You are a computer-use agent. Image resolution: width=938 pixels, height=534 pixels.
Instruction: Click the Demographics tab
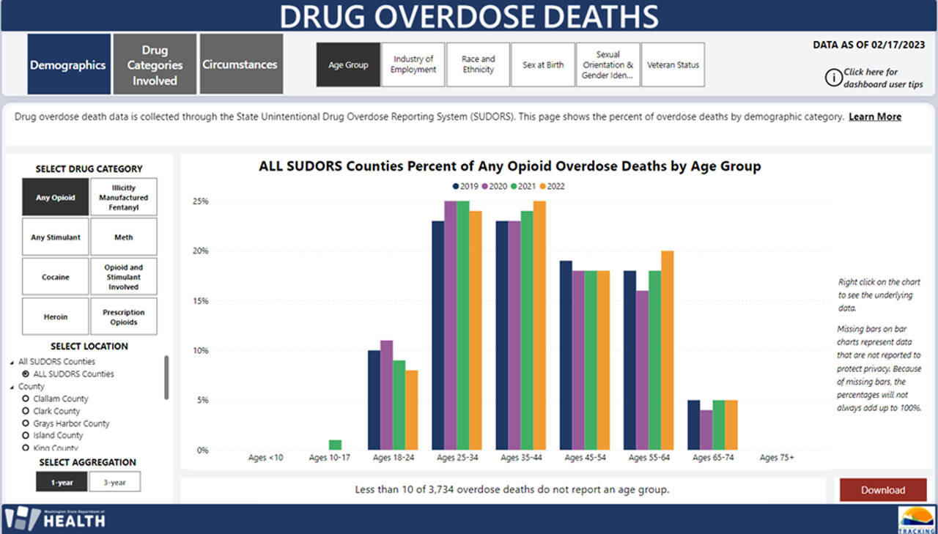68,64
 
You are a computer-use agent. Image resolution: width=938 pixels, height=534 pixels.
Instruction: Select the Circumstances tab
240,64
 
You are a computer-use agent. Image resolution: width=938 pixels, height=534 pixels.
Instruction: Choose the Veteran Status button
673,64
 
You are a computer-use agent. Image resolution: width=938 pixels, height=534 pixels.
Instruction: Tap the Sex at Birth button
543,64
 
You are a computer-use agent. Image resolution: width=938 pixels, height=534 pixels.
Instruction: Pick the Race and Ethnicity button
478,64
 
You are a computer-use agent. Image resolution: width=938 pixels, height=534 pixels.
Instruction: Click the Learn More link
875,116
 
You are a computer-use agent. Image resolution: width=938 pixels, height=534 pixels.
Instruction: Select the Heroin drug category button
55,316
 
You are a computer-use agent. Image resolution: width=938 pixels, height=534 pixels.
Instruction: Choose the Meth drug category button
123,237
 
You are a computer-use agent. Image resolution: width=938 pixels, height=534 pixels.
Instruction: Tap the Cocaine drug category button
55,277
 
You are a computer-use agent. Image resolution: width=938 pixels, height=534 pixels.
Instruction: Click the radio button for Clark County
26,411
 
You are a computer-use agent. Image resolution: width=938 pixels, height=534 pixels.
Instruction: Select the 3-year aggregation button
114,481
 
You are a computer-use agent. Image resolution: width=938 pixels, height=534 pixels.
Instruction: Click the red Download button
883,490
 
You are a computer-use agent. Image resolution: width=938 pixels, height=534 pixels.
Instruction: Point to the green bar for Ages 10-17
336,445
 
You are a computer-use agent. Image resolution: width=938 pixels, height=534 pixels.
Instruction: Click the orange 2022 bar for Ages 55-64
667,350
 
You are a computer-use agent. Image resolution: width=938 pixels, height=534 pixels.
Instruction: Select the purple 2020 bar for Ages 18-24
387,396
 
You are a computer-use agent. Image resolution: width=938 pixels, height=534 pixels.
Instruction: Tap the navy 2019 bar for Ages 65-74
693,425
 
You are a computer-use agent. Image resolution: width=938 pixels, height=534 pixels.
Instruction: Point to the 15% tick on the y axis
200,301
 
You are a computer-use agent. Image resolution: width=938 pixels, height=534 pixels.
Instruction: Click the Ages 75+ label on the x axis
777,458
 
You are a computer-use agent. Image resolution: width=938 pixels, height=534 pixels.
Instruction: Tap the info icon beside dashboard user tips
833,77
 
